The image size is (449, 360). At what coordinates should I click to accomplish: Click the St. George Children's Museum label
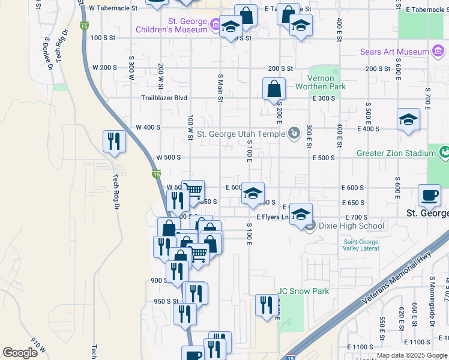tap(171, 25)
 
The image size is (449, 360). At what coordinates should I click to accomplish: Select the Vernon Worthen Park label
tap(321, 82)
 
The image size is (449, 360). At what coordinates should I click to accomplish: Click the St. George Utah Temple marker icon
tap(294, 133)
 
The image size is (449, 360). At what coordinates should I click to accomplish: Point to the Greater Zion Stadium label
tap(394, 153)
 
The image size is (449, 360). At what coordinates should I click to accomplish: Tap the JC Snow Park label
tap(303, 291)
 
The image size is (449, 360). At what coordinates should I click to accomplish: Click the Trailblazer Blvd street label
tap(164, 98)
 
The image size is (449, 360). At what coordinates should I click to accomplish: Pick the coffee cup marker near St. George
tap(430, 195)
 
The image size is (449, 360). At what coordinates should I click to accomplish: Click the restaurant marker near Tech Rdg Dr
tap(114, 142)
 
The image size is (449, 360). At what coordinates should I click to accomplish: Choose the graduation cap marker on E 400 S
tap(408, 119)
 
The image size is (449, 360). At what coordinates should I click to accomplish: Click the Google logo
tap(20, 353)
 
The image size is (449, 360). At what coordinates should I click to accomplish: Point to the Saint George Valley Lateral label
tap(361, 245)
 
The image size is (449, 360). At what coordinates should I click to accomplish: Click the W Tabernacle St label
tap(113, 8)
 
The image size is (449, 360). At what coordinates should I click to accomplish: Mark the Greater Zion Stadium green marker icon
tap(444, 152)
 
